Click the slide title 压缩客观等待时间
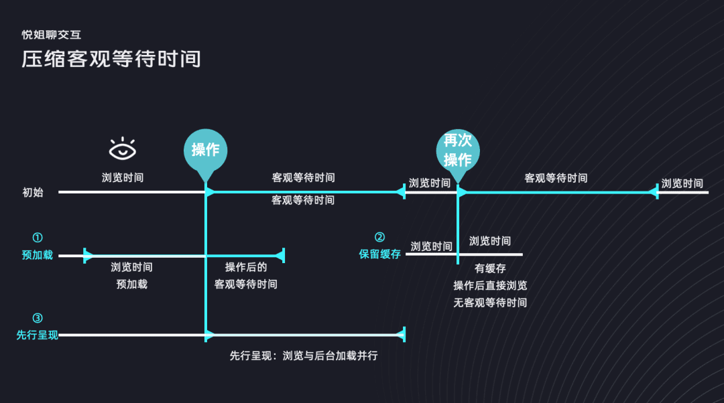[111, 59]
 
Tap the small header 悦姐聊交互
[52, 35]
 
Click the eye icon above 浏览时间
[123, 150]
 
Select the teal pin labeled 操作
[205, 150]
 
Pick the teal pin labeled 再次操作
[458, 151]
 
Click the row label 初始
[33, 192]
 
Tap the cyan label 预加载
[37, 255]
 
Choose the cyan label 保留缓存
[379, 254]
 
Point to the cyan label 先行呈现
[37, 335]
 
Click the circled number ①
[38, 238]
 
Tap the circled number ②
[379, 237]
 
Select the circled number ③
[38, 318]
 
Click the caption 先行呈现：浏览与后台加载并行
[304, 355]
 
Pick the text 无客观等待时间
[490, 303]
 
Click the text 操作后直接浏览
[490, 285]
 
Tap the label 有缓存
[490, 268]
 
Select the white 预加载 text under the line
[131, 284]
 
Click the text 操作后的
[246, 267]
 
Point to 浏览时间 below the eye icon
[123, 178]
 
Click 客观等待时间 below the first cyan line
[303, 199]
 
